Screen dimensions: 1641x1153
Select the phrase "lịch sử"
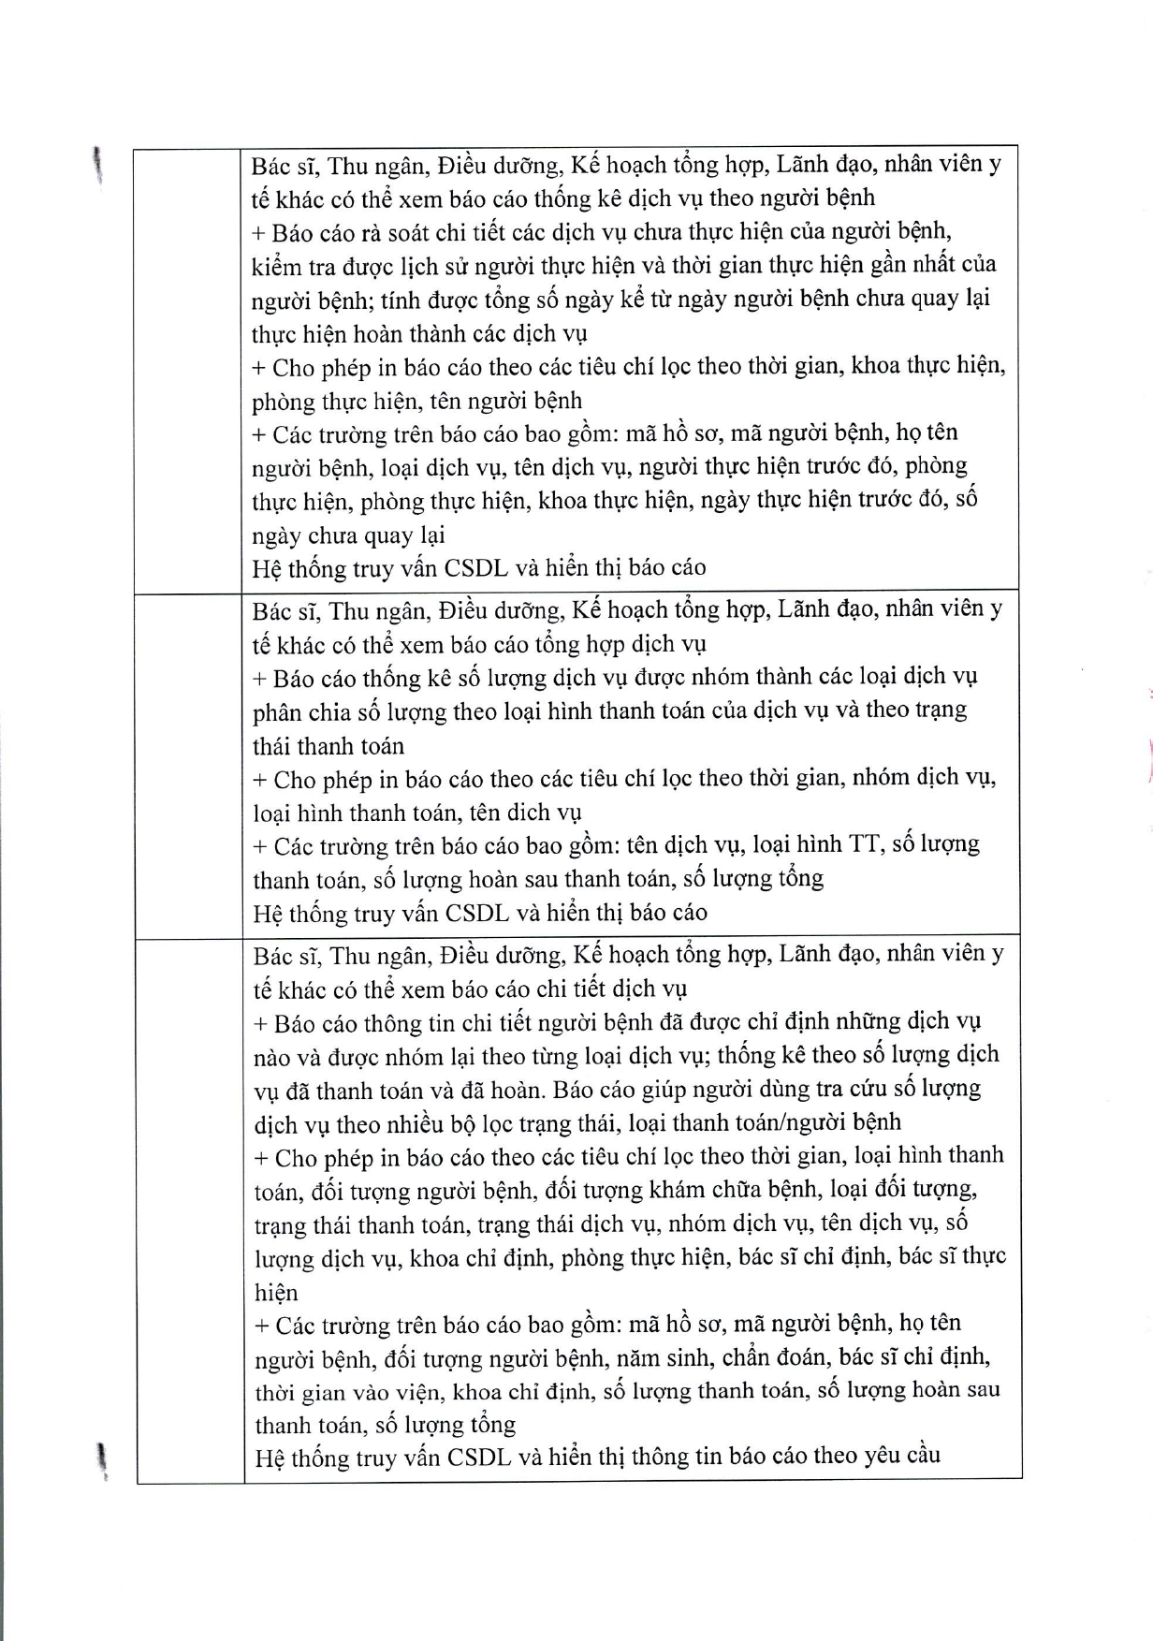436,266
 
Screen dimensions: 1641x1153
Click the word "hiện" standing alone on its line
276,1293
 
